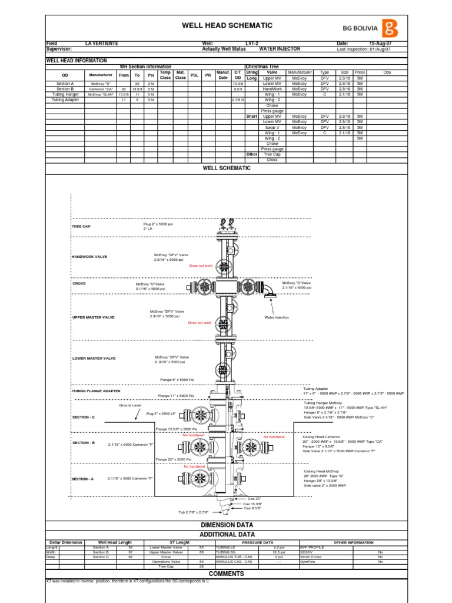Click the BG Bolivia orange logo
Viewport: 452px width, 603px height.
pyautogui.click(x=390, y=28)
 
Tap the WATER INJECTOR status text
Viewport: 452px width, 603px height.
pyautogui.click(x=280, y=49)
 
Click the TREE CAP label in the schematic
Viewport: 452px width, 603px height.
pyautogui.click(x=81, y=227)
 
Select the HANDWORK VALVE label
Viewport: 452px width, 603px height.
pyautogui.click(x=89, y=257)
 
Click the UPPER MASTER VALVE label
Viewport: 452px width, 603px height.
pyautogui.click(x=93, y=317)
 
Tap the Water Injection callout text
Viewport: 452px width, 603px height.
pyautogui.click(x=277, y=317)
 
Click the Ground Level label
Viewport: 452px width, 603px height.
pyautogui.click(x=131, y=406)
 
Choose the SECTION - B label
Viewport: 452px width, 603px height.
pyautogui.click(x=84, y=443)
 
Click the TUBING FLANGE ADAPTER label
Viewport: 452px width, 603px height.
pyautogui.click(x=96, y=391)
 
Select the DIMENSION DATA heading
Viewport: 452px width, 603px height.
pyautogui.click(x=227, y=525)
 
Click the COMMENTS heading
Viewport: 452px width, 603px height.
pyautogui.click(x=227, y=573)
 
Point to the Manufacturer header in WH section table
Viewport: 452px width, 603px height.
pyautogui.click(x=101, y=75)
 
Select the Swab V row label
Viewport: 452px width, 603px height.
pyautogui.click(x=272, y=127)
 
